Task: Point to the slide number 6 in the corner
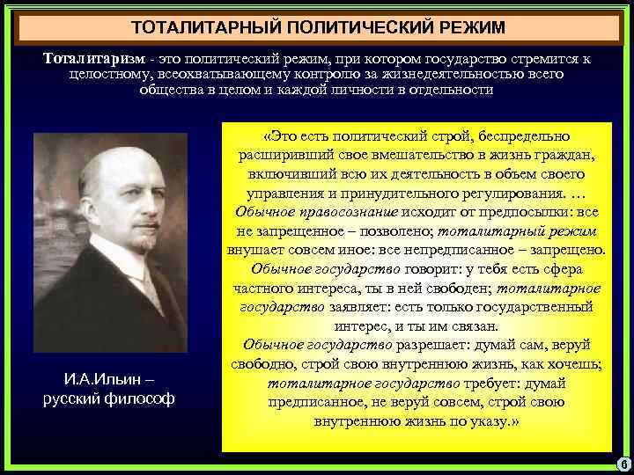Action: point(622,464)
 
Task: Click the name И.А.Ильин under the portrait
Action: point(101,380)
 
